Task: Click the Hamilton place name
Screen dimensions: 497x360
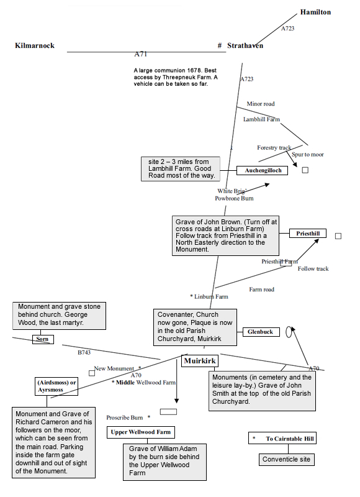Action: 315,12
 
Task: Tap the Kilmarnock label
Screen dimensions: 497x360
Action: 35,45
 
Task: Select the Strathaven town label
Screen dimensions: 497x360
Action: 245,45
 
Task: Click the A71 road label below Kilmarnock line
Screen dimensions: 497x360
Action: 141,55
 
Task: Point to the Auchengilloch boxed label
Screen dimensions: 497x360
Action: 263,170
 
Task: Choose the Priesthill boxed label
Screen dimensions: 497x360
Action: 308,234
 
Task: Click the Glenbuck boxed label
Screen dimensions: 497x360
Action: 260,332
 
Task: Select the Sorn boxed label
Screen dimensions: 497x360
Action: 42,339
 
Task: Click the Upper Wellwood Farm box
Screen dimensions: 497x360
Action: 141,432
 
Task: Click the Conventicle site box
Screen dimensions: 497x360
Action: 287,460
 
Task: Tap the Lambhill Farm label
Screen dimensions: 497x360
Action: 261,119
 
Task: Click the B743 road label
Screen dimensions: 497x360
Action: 84,352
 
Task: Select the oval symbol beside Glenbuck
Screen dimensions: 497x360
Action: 289,332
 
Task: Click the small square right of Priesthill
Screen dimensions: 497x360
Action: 338,236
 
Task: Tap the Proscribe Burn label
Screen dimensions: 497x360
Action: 125,417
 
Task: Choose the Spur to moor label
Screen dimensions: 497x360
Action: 307,154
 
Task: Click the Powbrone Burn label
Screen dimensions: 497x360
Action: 234,199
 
